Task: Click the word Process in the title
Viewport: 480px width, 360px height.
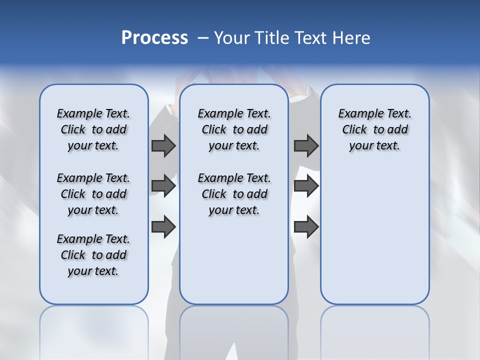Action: (154, 38)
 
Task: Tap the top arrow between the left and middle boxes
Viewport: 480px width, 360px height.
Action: (163, 145)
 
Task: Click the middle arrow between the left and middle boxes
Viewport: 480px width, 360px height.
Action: (163, 186)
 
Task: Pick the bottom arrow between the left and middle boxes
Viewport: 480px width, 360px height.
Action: (163, 226)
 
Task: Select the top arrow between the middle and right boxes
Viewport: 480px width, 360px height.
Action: (306, 145)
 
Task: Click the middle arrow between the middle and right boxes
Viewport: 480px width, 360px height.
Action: (306, 186)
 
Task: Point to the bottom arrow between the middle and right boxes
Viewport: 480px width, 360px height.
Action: (306, 226)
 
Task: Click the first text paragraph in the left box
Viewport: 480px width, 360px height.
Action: (93, 129)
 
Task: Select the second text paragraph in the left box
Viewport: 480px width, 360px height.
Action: (93, 194)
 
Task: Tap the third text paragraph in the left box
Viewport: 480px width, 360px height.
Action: (93, 255)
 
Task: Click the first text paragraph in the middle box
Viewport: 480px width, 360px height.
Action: (234, 129)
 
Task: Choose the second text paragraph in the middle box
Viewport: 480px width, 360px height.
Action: (234, 194)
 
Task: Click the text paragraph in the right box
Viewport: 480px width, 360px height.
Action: (374, 129)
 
